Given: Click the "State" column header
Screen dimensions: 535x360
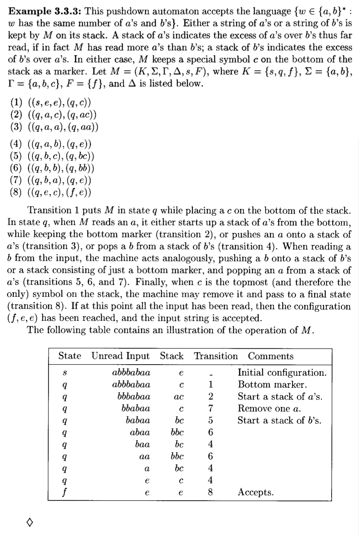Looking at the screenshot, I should (x=70, y=356).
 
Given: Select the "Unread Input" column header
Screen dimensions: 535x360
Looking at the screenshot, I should (x=120, y=356).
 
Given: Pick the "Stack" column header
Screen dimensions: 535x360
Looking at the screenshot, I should (x=172, y=356).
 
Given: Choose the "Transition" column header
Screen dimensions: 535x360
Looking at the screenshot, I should (x=216, y=356).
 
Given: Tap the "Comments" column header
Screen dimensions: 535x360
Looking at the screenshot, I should (x=271, y=356).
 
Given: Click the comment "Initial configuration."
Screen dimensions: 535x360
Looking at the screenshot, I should (x=282, y=373).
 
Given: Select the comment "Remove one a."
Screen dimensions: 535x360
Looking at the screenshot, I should (x=269, y=408).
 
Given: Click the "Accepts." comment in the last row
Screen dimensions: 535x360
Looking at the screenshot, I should (x=256, y=492).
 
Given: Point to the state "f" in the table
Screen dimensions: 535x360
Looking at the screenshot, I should (x=64, y=492).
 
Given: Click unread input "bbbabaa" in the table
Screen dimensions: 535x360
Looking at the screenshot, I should (x=134, y=397).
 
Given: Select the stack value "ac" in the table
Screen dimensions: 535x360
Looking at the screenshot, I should (x=178, y=397).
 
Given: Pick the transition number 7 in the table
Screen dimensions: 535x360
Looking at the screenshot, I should (x=210, y=408).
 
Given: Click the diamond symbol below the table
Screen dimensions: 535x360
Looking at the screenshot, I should (x=29, y=523).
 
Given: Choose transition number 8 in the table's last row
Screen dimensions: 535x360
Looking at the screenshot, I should (x=210, y=492).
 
